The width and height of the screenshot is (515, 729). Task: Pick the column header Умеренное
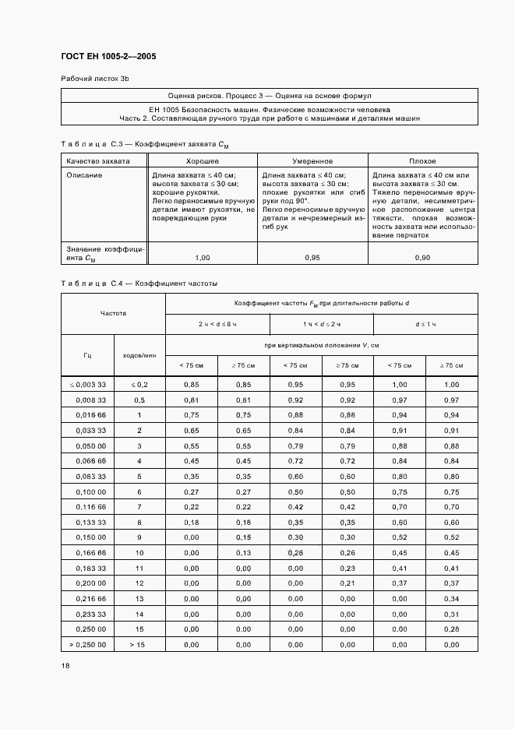coord(312,160)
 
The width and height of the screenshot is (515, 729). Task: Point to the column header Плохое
coord(422,160)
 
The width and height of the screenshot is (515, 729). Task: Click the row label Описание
coord(84,175)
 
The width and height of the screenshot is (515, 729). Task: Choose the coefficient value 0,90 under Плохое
coord(422,257)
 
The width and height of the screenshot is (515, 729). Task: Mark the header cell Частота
coord(113,313)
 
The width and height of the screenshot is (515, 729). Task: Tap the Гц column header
coord(87,355)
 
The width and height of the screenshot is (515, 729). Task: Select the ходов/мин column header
coord(140,355)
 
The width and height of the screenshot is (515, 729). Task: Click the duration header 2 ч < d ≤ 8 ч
coord(217,323)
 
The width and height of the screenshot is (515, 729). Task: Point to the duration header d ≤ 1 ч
coord(426,323)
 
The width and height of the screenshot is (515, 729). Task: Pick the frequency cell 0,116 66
coord(87,507)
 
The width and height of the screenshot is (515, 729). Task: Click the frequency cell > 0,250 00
coord(87,644)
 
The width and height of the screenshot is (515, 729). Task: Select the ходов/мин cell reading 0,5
coord(140,400)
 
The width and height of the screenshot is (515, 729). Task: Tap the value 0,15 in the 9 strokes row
coord(243,537)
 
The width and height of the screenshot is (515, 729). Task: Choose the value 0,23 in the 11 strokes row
coord(347,568)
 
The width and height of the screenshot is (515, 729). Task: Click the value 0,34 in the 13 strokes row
coord(452,598)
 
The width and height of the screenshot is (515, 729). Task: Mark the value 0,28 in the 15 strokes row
coord(452,629)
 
